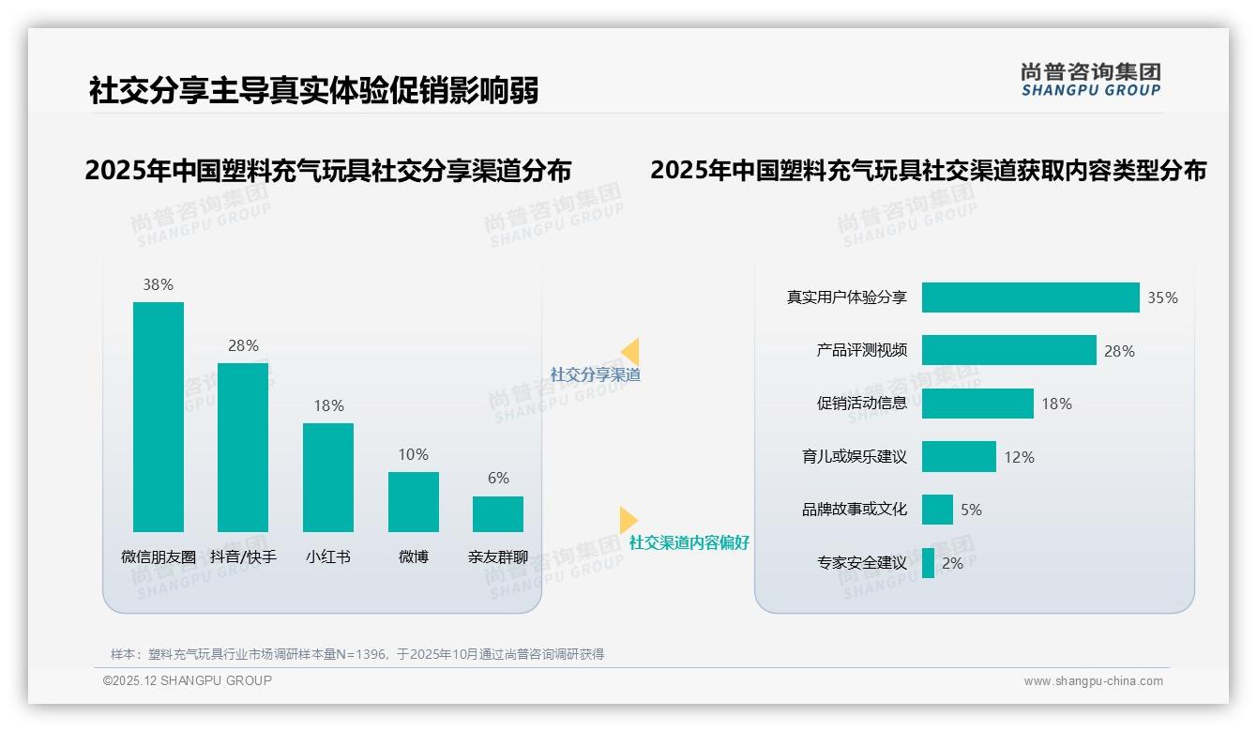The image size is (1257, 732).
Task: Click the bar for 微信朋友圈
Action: click(x=159, y=417)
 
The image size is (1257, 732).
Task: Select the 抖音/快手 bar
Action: click(x=243, y=448)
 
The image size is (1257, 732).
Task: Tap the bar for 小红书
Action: click(x=328, y=478)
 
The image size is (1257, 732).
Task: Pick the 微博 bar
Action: click(x=414, y=502)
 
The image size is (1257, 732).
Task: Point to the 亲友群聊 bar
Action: click(x=498, y=514)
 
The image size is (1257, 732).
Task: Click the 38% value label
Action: click(x=159, y=285)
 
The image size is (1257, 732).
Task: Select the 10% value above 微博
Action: click(x=414, y=455)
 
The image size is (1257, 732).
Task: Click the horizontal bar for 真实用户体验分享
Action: click(x=1030, y=297)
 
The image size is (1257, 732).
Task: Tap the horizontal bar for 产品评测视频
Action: click(x=1008, y=350)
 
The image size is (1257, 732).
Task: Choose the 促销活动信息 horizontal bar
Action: click(x=977, y=404)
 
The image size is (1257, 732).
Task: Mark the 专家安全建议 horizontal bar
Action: click(x=928, y=563)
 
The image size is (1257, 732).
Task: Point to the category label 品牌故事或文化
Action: click(x=855, y=510)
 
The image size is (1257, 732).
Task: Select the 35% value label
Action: click(x=1162, y=298)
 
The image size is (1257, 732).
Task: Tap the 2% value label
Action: click(x=952, y=564)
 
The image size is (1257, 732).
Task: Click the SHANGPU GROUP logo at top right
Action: click(x=1091, y=80)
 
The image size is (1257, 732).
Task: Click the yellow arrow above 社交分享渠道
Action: click(x=629, y=351)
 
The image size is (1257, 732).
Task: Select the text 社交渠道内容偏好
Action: click(x=689, y=542)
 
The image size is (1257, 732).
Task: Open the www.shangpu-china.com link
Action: click(x=1093, y=681)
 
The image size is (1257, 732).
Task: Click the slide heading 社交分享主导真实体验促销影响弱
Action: click(x=313, y=91)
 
